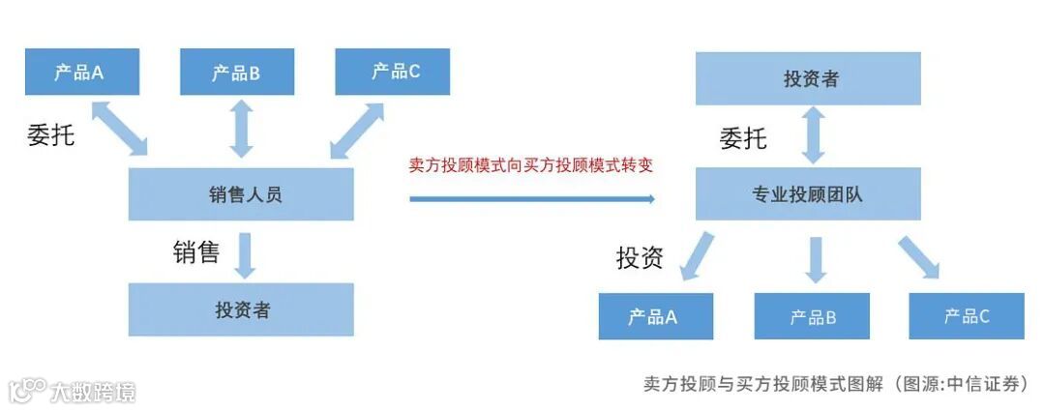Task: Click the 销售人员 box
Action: coord(241,193)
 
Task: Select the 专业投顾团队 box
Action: coord(808,193)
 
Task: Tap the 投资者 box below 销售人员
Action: coord(241,309)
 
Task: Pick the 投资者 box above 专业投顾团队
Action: coord(808,78)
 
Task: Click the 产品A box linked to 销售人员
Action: coord(81,72)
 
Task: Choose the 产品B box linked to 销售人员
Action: coord(237,72)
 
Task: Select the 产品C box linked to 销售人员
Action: coord(393,72)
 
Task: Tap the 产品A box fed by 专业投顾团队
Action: coord(655,315)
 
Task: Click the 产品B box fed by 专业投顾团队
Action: coord(812,315)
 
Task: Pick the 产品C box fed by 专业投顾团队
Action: coord(967,315)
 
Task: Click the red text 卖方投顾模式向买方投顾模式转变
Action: coord(531,164)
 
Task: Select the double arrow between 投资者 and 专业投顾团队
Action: coord(814,135)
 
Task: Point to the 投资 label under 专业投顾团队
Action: coord(640,257)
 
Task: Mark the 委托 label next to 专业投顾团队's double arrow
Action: coord(743,138)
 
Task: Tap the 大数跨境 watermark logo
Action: coord(74,391)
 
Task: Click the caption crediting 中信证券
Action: coord(834,383)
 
